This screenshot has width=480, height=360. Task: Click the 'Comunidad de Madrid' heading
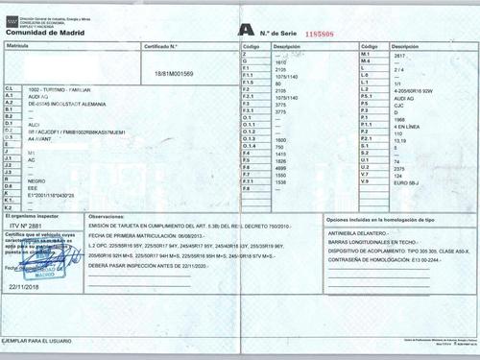click(39, 32)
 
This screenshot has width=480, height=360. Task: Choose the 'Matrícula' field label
click(18, 45)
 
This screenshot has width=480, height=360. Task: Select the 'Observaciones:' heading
click(107, 219)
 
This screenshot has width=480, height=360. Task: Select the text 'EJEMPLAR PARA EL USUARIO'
click(38, 341)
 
